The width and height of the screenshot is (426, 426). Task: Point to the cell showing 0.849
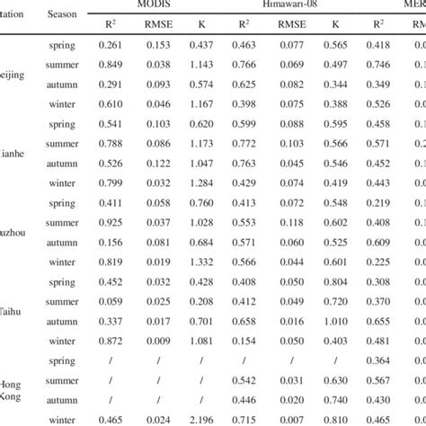(110, 65)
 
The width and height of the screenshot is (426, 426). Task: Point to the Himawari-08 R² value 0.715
(244, 419)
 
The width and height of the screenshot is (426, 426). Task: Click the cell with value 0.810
(335, 419)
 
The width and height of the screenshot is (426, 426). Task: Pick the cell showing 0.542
(244, 379)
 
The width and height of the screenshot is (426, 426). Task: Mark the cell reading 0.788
(110, 144)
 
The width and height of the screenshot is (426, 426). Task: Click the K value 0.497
(335, 65)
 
